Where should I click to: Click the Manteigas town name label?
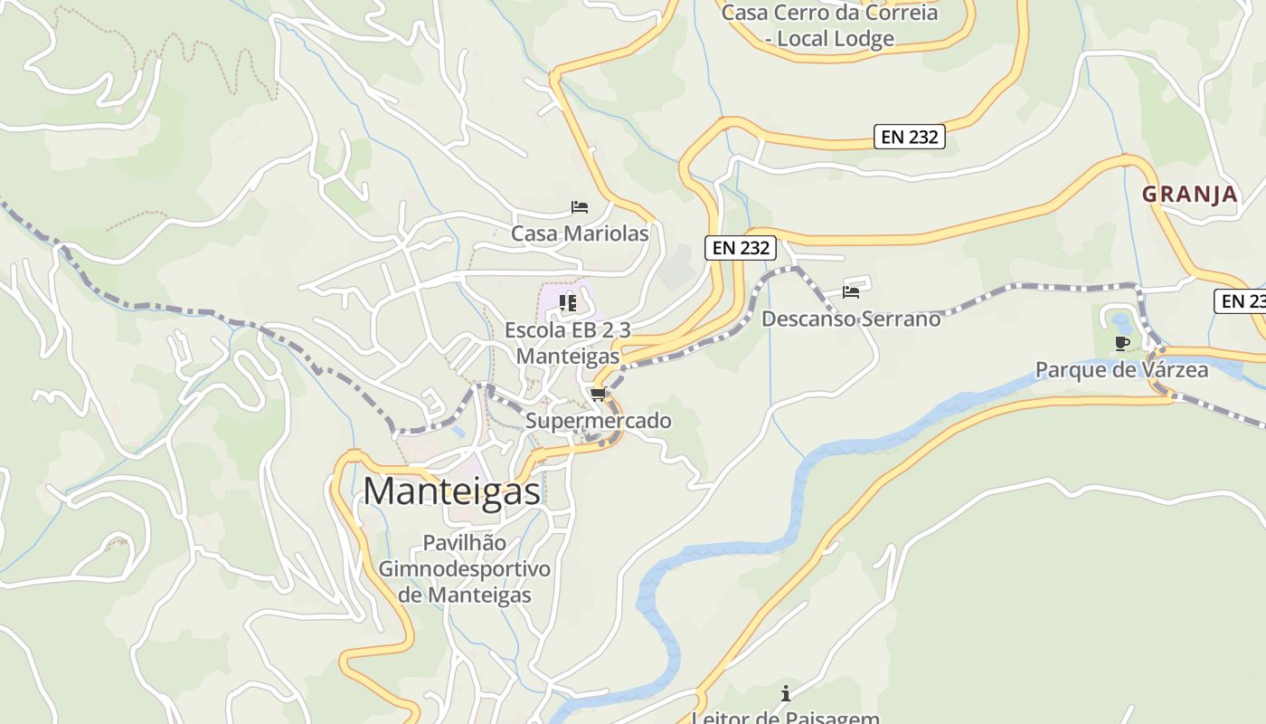(452, 491)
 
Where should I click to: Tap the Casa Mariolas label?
(580, 233)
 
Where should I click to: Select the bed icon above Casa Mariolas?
(580, 208)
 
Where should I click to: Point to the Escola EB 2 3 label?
(568, 330)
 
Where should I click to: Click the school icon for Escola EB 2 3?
(568, 302)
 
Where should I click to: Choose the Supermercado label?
(599, 421)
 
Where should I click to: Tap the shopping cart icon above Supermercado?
(598, 394)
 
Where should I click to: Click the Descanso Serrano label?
(851, 319)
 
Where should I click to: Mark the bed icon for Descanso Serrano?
(851, 291)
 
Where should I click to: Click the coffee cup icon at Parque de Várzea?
(1122, 343)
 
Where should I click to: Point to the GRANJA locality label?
(1189, 194)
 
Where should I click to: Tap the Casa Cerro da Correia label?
(829, 13)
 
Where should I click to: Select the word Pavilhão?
(465, 543)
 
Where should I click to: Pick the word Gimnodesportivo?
(465, 569)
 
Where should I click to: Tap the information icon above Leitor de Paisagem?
(786, 694)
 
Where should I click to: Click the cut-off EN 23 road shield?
(1240, 301)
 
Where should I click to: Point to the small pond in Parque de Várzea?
(1122, 322)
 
